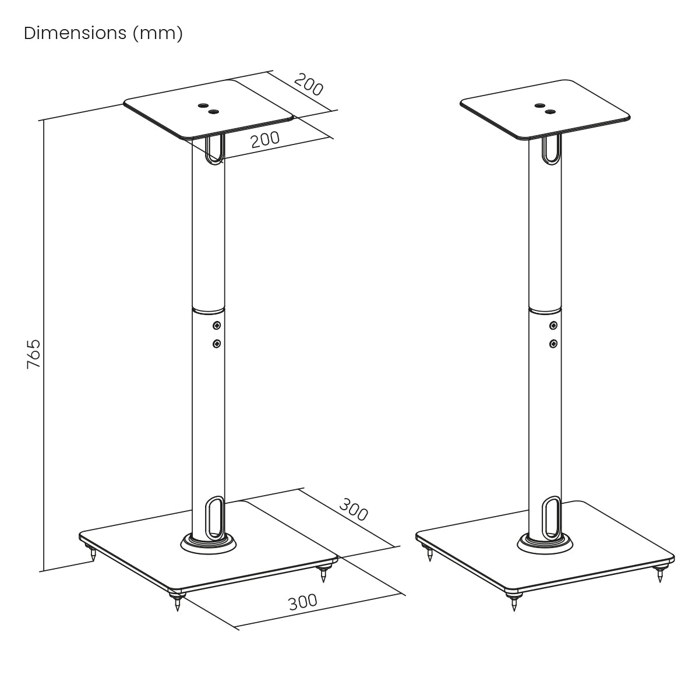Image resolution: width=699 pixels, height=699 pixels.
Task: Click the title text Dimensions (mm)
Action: pyautogui.click(x=103, y=34)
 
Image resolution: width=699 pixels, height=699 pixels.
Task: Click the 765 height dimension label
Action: pyautogui.click(x=34, y=354)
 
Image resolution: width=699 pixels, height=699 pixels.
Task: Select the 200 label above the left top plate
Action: pyautogui.click(x=308, y=84)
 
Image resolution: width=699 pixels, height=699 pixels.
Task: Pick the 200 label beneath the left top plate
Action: pyautogui.click(x=265, y=139)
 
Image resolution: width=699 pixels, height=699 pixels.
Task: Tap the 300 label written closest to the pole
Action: pyautogui.click(x=354, y=509)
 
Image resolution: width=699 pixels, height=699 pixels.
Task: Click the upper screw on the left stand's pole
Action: pyautogui.click(x=217, y=326)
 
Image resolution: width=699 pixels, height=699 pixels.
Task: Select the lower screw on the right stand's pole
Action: pyautogui.click(x=553, y=343)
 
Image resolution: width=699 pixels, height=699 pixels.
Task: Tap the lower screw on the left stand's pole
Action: pyautogui.click(x=217, y=343)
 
